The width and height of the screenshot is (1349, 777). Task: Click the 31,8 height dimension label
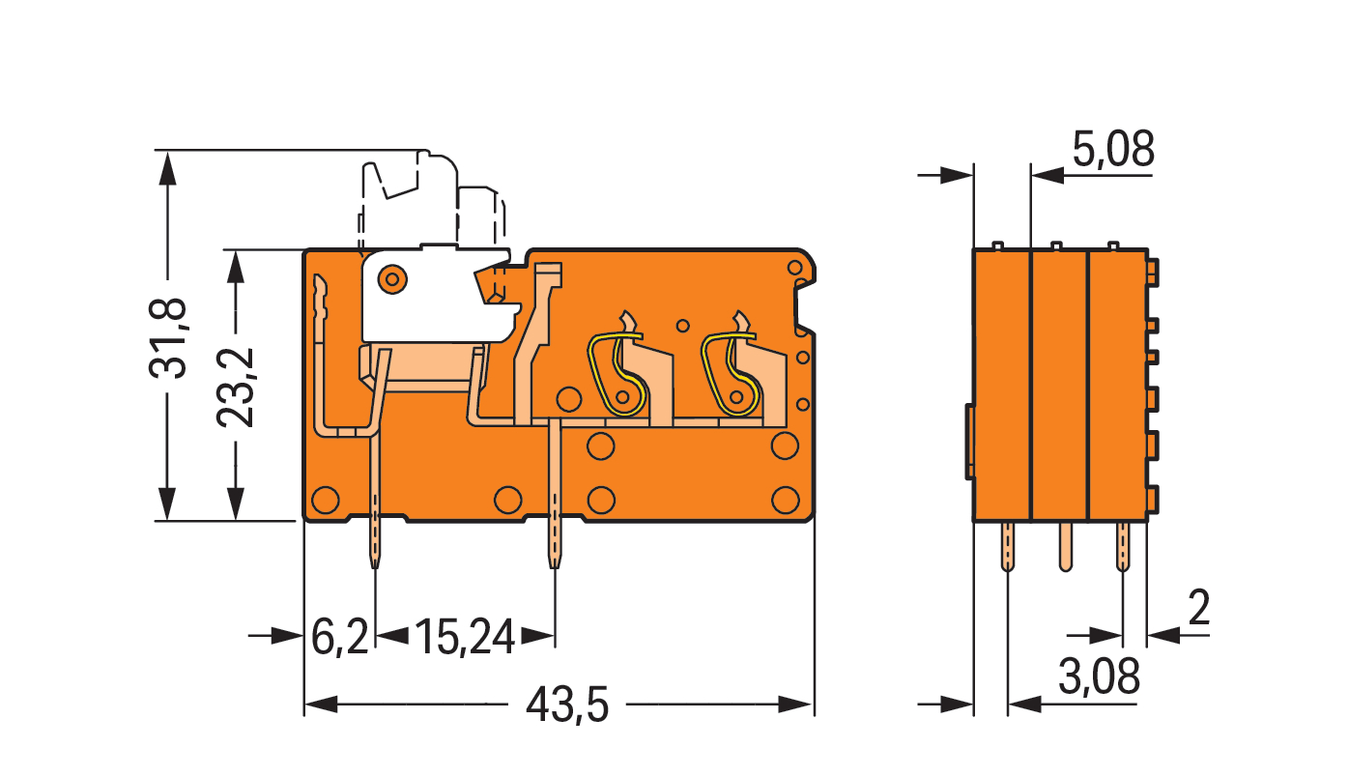tap(168, 338)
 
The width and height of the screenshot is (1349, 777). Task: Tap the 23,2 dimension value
tap(236, 388)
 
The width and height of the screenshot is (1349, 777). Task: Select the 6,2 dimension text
tap(339, 637)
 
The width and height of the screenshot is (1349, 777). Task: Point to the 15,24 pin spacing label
tap(465, 637)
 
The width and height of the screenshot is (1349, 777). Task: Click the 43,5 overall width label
tap(566, 705)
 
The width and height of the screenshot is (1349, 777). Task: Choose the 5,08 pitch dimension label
tap(1113, 149)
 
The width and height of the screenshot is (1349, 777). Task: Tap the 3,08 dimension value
tap(1099, 676)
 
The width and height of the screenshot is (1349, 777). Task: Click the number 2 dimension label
tap(1199, 608)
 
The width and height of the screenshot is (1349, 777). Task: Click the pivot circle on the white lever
tap(392, 279)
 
